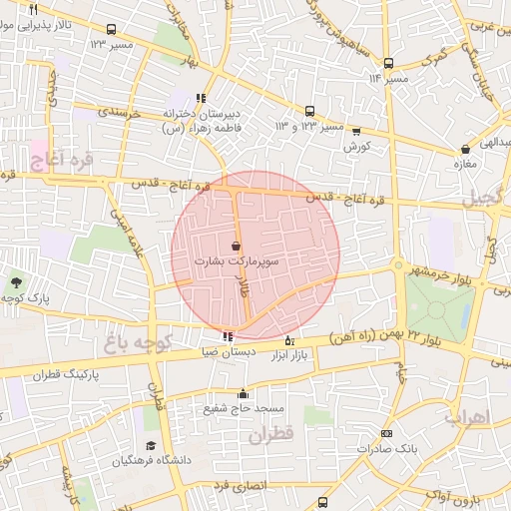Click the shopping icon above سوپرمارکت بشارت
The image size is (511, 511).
click(x=236, y=246)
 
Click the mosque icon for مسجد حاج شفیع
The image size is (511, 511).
click(x=243, y=394)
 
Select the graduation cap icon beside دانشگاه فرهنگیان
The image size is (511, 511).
click(x=151, y=446)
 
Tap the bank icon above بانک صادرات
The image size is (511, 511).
click(x=386, y=434)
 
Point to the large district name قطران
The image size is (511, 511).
click(x=269, y=436)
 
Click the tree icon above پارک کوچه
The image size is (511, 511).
click(x=15, y=284)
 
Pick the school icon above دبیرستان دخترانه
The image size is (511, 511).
click(x=202, y=99)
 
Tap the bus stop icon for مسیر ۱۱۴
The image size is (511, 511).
click(x=388, y=63)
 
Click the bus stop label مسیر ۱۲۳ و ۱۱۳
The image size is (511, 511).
click(x=309, y=127)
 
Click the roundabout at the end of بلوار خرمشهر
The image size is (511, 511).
click(x=397, y=266)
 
